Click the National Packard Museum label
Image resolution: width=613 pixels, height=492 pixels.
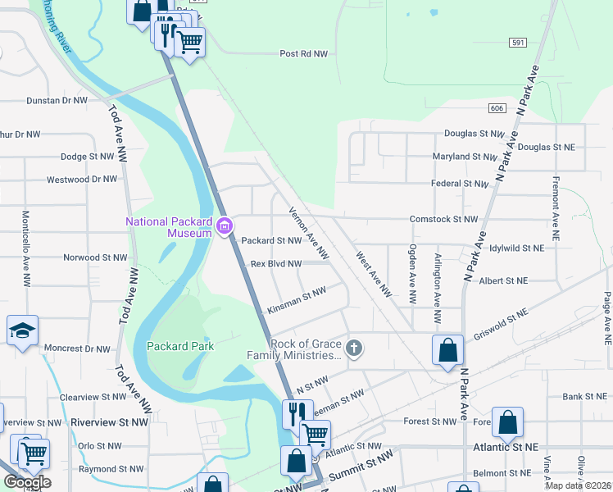[x=168, y=227]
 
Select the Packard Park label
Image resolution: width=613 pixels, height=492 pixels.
[x=180, y=346]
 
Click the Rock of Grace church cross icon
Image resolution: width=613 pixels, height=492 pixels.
[x=354, y=348]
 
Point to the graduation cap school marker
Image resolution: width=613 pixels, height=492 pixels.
[x=23, y=331]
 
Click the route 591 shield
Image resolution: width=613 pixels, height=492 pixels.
[x=517, y=42]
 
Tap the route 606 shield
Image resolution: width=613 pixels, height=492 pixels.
[x=497, y=108]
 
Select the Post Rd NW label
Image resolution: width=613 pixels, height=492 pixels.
[x=303, y=53]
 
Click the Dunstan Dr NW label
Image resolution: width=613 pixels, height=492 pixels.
[x=57, y=101]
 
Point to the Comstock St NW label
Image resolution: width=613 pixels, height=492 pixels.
[x=443, y=220]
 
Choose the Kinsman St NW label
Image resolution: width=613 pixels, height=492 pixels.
[x=297, y=301]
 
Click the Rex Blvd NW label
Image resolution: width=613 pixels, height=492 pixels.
[x=276, y=264]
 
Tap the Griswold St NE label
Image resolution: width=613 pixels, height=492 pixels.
[x=501, y=326]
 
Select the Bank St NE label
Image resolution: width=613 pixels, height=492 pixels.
[x=583, y=397]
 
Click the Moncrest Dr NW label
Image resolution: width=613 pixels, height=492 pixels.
[x=78, y=348]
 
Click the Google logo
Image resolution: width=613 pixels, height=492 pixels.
[x=26, y=482]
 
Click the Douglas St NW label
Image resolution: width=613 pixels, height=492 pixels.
[x=474, y=133]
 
